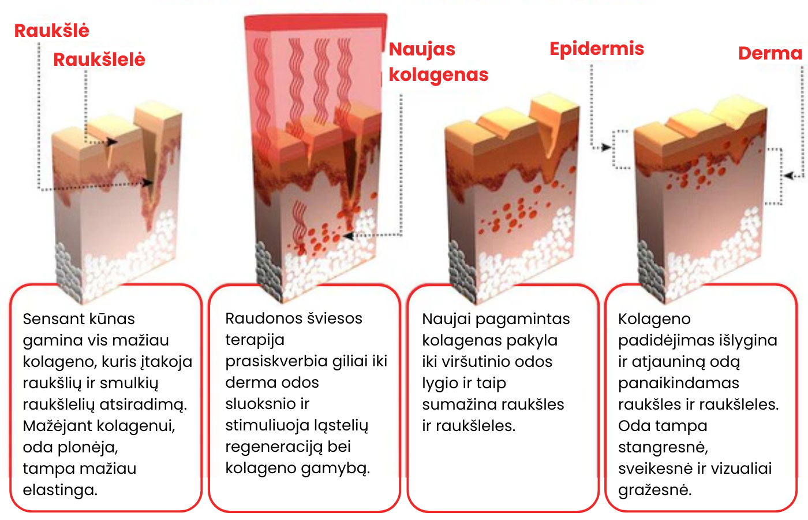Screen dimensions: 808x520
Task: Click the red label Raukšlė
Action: pos(51,30)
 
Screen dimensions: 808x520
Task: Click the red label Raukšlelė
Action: pos(99,59)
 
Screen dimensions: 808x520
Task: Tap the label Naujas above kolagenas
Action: pos(422,50)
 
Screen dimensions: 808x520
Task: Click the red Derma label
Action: pos(770,53)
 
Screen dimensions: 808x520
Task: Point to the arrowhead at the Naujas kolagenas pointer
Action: pos(348,236)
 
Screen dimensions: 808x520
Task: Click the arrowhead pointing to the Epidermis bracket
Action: pos(607,147)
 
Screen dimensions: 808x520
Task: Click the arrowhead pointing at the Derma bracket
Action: pos(790,176)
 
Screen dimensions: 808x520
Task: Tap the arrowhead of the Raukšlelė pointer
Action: pos(112,142)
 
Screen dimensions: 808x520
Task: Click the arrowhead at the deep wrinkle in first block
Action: pos(147,183)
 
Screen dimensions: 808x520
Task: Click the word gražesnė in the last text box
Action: pos(654,491)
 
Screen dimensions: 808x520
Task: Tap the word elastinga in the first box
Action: pos(60,491)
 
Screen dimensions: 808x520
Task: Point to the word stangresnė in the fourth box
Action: pos(663,448)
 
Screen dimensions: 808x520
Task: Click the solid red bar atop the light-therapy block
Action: pos(316,22)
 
